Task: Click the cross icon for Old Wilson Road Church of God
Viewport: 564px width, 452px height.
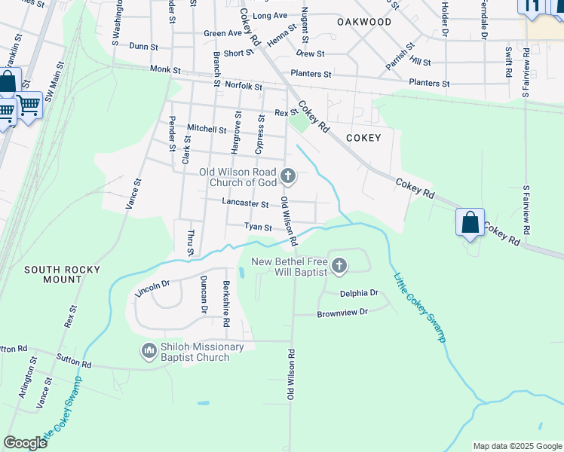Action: point(287,177)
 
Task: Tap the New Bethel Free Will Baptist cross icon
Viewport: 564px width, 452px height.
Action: point(339,265)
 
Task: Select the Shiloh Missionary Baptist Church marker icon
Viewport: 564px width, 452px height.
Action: point(148,351)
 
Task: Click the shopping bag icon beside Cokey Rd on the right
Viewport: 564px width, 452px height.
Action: point(470,223)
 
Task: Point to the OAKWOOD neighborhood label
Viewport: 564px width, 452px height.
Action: point(365,22)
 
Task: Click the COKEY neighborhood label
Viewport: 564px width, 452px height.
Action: point(363,138)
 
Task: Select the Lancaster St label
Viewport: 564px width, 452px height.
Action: point(245,203)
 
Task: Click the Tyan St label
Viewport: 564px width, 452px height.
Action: point(257,227)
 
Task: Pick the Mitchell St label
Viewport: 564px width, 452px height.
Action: point(201,129)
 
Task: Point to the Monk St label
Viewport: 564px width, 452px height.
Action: point(165,69)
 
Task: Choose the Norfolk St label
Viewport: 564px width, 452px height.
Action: point(244,87)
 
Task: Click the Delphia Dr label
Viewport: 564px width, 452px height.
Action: point(358,293)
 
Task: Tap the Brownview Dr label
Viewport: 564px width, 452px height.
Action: point(342,312)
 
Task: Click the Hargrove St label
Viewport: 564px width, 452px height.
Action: point(236,132)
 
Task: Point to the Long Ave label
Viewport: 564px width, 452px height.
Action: point(270,15)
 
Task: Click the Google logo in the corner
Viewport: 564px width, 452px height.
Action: point(25,443)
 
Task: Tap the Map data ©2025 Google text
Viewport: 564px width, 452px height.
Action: point(516,446)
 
